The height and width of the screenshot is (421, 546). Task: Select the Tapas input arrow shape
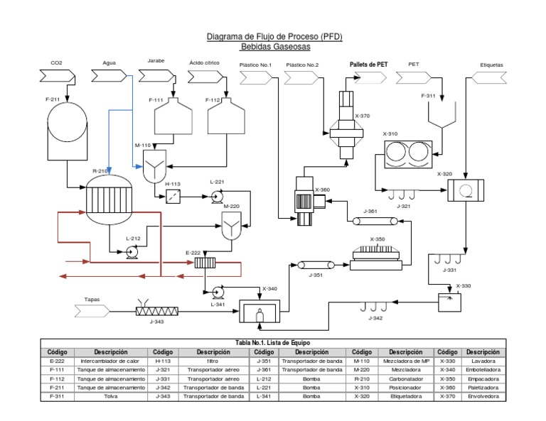pos(92,310)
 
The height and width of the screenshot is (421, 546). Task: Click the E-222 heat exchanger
pos(205,263)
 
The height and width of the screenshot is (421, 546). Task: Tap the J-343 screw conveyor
pos(156,310)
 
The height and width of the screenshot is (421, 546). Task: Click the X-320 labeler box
pos(465,190)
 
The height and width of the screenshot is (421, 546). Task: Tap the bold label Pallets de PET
pos(368,64)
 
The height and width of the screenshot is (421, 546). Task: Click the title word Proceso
pos(298,36)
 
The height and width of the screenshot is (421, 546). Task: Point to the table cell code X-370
pos(447,396)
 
